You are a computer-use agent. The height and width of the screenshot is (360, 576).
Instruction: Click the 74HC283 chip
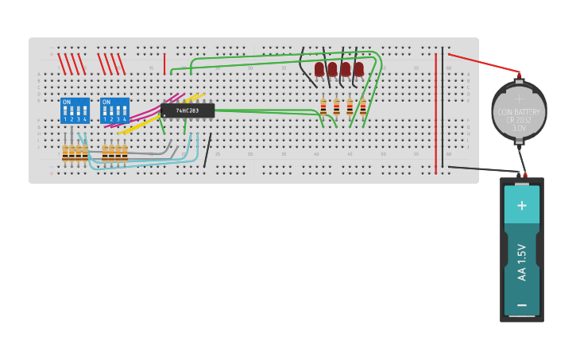pos(187,110)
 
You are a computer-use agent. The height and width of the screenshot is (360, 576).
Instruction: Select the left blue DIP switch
pos(75,110)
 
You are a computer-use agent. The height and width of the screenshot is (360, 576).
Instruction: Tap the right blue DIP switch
pos(114,110)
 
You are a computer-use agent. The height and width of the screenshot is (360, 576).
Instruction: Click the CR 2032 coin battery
pos(519,110)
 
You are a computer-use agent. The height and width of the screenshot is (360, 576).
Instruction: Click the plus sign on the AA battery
pos(522,205)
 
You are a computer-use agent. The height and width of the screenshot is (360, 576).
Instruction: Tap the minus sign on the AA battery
pos(522,304)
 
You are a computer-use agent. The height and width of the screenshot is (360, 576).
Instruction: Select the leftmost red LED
pos(319,69)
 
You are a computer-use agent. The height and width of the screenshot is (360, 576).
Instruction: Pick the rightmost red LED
pos(359,69)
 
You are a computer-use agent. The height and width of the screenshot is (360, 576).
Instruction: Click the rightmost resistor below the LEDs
pos(363,106)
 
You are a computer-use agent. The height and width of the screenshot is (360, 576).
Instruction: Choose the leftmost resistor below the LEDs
pos(323,106)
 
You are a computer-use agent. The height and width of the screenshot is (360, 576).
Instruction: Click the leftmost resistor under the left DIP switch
pos(65,153)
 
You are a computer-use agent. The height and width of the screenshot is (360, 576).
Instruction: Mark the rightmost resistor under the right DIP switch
pos(125,153)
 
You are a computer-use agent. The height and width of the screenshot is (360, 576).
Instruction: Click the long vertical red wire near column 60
pos(435,111)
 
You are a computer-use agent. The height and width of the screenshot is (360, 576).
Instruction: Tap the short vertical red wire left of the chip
pos(164,64)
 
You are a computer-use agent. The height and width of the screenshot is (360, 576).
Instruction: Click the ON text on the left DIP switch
pos(67,103)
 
